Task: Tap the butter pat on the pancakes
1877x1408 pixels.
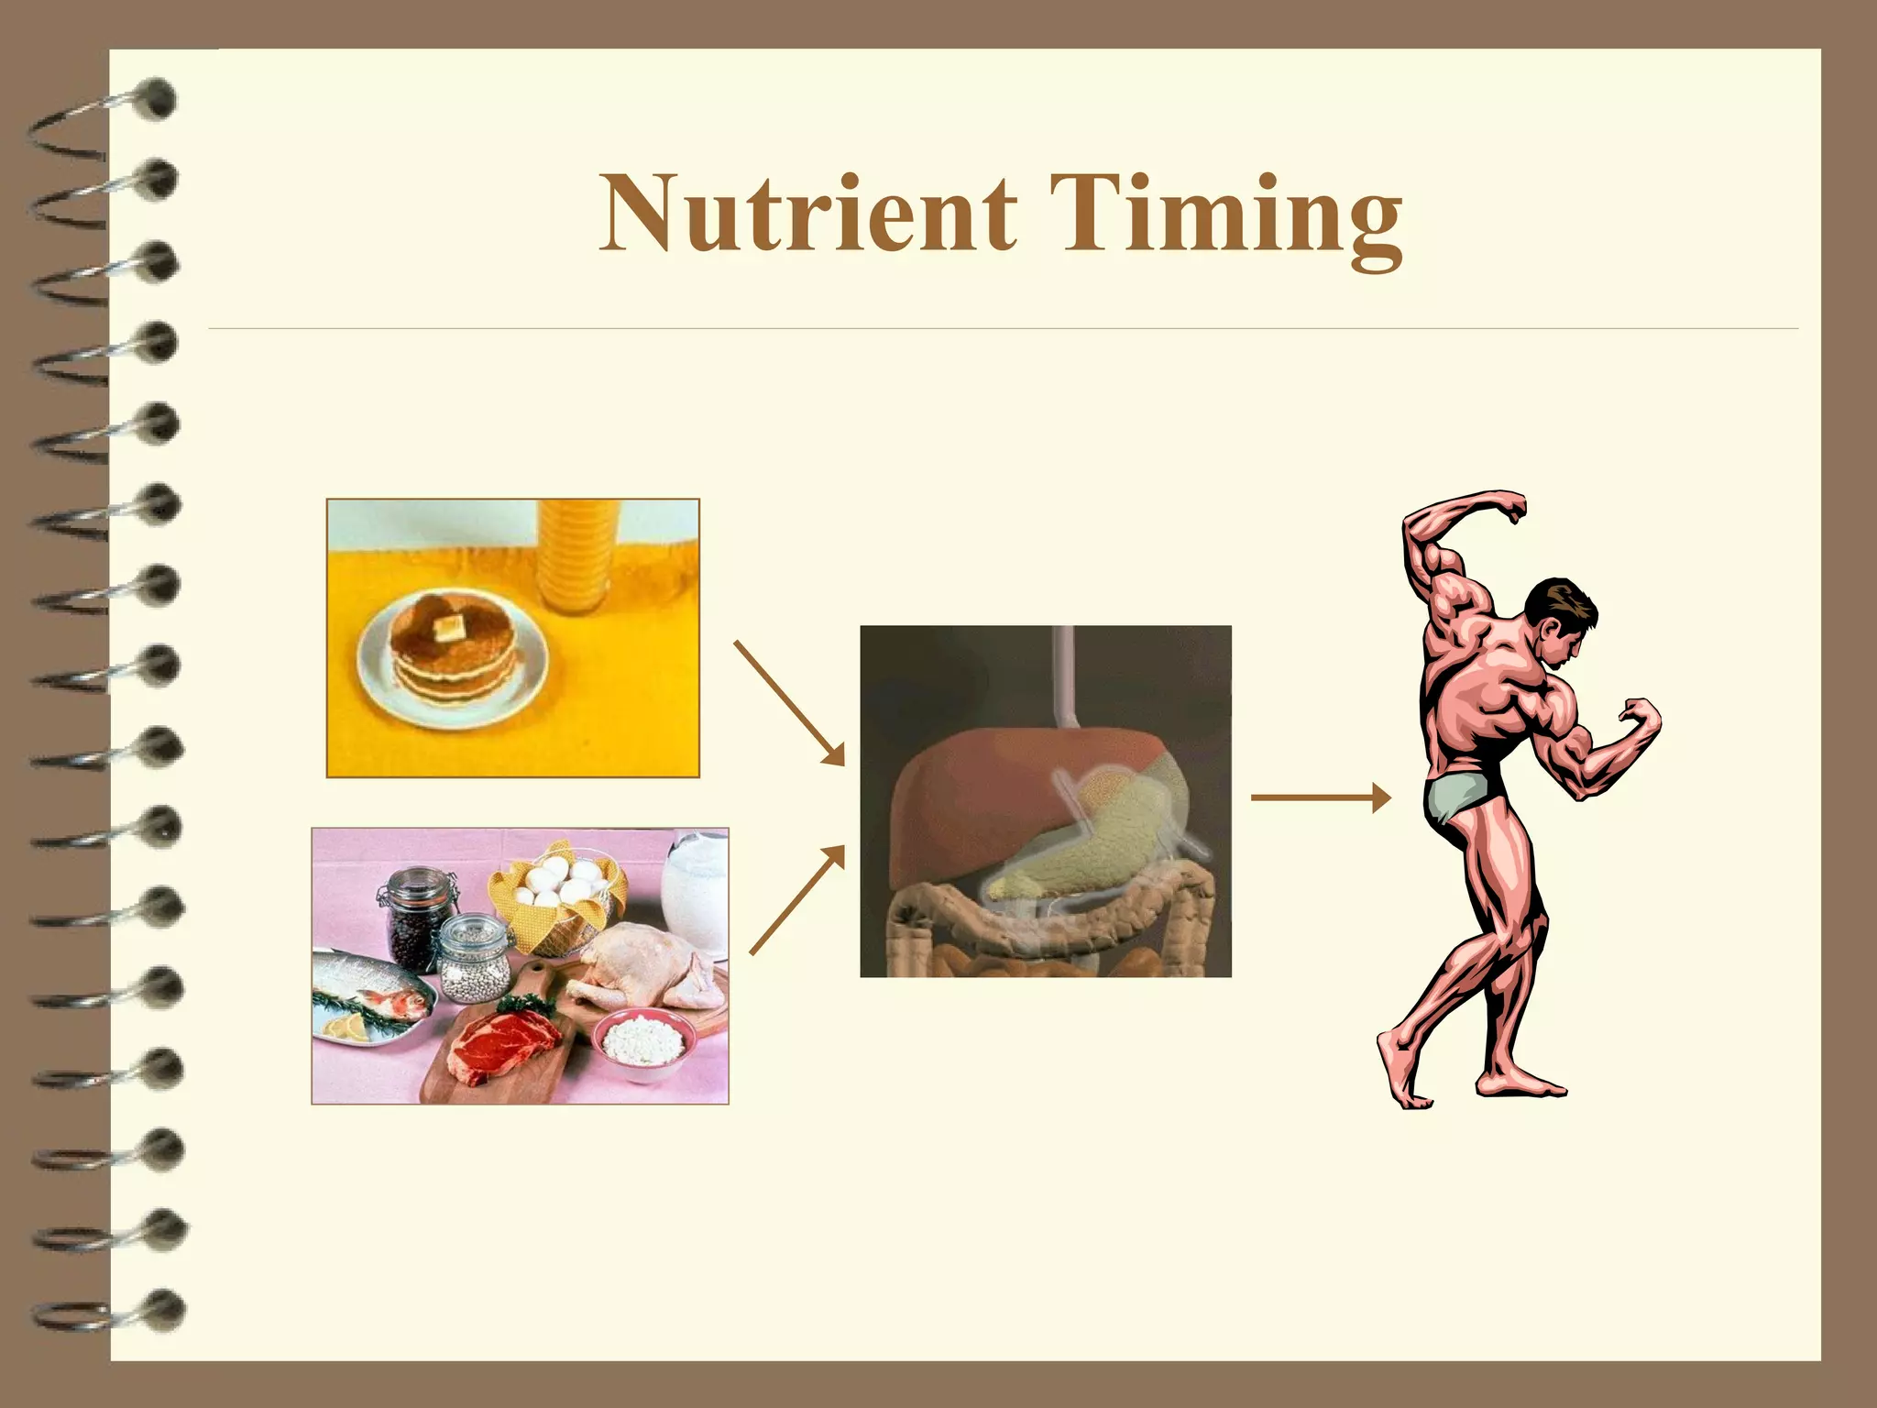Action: (448, 628)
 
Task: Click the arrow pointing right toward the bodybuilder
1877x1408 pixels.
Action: (1320, 797)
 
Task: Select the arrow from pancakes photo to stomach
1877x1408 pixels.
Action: (789, 702)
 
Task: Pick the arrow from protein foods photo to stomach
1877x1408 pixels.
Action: (796, 899)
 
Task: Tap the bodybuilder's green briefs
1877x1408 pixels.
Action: (1457, 794)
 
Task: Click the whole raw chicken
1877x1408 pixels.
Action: (642, 967)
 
